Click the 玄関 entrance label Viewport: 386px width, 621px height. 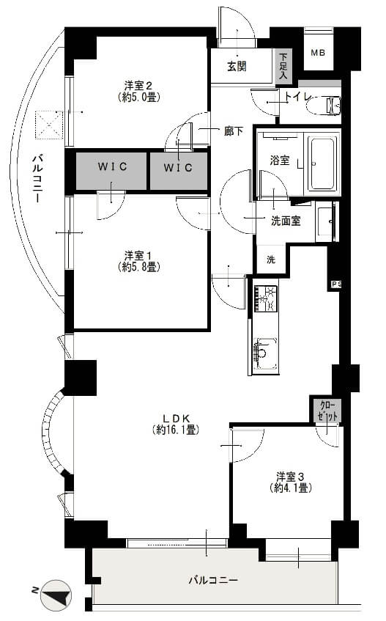(236, 66)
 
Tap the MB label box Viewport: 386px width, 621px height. (317, 53)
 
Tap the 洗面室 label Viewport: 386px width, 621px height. (286, 221)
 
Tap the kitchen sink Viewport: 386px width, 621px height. (264, 350)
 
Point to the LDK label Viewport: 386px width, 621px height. (176, 422)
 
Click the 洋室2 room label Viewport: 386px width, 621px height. (138, 89)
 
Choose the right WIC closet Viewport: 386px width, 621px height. (178, 168)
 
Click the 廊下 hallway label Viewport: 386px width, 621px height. (234, 132)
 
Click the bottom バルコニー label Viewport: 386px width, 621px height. (213, 580)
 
